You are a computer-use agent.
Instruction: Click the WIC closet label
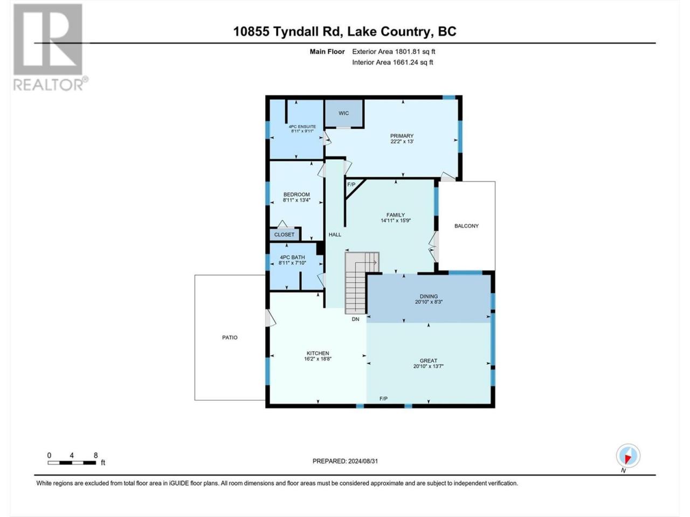pos(343,113)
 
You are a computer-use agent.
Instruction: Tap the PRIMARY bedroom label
pos(402,136)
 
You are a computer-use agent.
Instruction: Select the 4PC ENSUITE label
pos(298,127)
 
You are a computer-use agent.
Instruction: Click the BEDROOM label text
pos(296,194)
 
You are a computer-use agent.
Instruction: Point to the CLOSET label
pos(284,235)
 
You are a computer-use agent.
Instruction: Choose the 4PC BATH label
pos(292,257)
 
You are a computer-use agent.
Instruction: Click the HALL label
pos(335,234)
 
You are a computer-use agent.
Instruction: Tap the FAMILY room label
pos(396,215)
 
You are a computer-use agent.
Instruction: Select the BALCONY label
pos(466,226)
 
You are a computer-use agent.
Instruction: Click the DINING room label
pos(429,296)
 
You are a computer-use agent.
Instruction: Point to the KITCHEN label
pos(318,353)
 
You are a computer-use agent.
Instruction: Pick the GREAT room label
pos(428,361)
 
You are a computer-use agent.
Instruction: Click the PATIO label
pos(230,338)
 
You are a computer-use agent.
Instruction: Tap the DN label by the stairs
pos(355,319)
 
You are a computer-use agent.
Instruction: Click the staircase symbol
pos(362,283)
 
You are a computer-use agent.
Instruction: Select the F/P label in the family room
pos(351,185)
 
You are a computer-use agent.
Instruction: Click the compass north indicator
pos(628,456)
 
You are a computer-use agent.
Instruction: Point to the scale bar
pos(72,463)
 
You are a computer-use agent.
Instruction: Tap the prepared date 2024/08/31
pos(363,461)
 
